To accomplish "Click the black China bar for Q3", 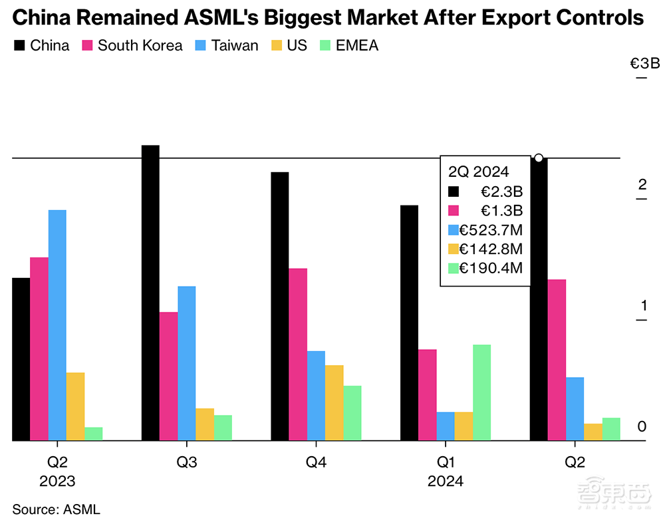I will tap(150, 293).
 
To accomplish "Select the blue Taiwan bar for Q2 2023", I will tap(57, 325).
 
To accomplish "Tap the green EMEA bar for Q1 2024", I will tap(481, 392).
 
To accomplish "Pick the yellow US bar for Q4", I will tap(334, 402).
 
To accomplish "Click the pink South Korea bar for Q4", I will tap(298, 354).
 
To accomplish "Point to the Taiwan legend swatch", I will tap(200, 46).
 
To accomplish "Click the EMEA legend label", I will tap(358, 46).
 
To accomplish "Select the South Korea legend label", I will tap(140, 46).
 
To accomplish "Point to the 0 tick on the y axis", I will tap(642, 426).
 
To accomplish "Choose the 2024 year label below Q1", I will tap(445, 481).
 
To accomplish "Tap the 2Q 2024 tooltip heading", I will tap(479, 172).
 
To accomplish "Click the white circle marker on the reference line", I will tap(539, 158).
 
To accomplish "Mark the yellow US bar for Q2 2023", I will tap(75, 406).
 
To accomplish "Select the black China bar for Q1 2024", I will tap(409, 323).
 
